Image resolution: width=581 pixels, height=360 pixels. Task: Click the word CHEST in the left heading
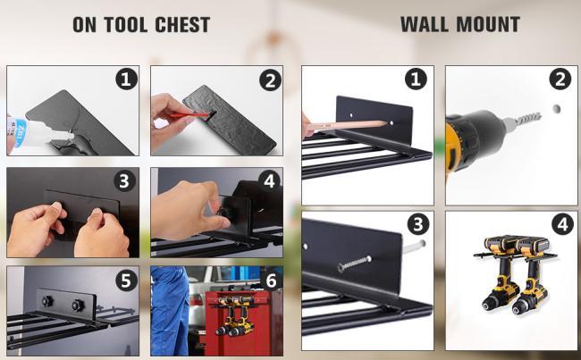[182, 25]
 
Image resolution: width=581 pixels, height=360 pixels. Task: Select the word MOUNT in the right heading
[488, 24]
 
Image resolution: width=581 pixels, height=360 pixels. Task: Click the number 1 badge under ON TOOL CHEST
[126, 79]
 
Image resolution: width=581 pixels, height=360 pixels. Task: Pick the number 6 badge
[271, 280]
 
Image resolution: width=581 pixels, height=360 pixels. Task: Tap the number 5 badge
[126, 280]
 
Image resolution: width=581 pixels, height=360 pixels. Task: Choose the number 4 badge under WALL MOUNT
[562, 223]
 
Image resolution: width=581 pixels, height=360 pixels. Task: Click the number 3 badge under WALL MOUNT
[418, 223]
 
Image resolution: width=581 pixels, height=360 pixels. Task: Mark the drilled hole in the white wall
[556, 109]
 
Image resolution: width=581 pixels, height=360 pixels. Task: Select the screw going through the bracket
[354, 264]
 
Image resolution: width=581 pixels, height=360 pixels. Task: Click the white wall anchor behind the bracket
[414, 246]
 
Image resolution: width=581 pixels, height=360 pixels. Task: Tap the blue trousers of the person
[170, 311]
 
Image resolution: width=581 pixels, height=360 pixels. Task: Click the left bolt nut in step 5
[47, 301]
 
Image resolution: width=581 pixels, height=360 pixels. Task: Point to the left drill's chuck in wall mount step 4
[490, 306]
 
